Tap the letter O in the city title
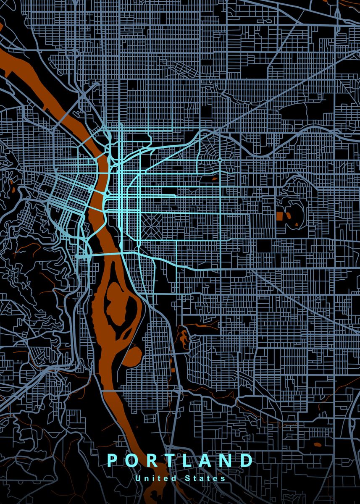[132, 460]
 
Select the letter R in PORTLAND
[152, 460]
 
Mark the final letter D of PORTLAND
[247, 460]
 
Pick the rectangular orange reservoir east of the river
[280, 216]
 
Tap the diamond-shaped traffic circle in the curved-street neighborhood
[220, 160]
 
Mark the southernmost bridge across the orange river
[113, 391]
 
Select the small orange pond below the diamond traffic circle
[215, 178]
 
